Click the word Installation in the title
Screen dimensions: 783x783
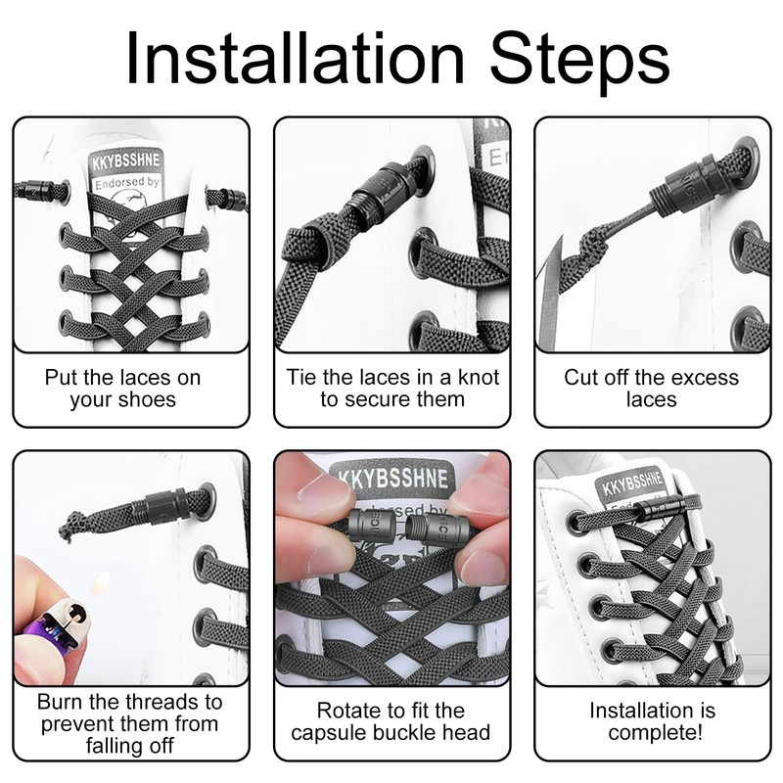point(296,58)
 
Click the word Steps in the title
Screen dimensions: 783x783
point(579,62)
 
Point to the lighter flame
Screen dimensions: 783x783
point(102,580)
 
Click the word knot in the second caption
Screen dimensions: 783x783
point(475,378)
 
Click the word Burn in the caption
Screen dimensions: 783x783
point(60,702)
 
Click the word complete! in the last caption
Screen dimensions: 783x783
point(655,733)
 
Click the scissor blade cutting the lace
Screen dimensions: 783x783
point(550,295)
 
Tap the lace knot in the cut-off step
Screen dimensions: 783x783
point(594,245)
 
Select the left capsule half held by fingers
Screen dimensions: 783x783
point(375,530)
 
